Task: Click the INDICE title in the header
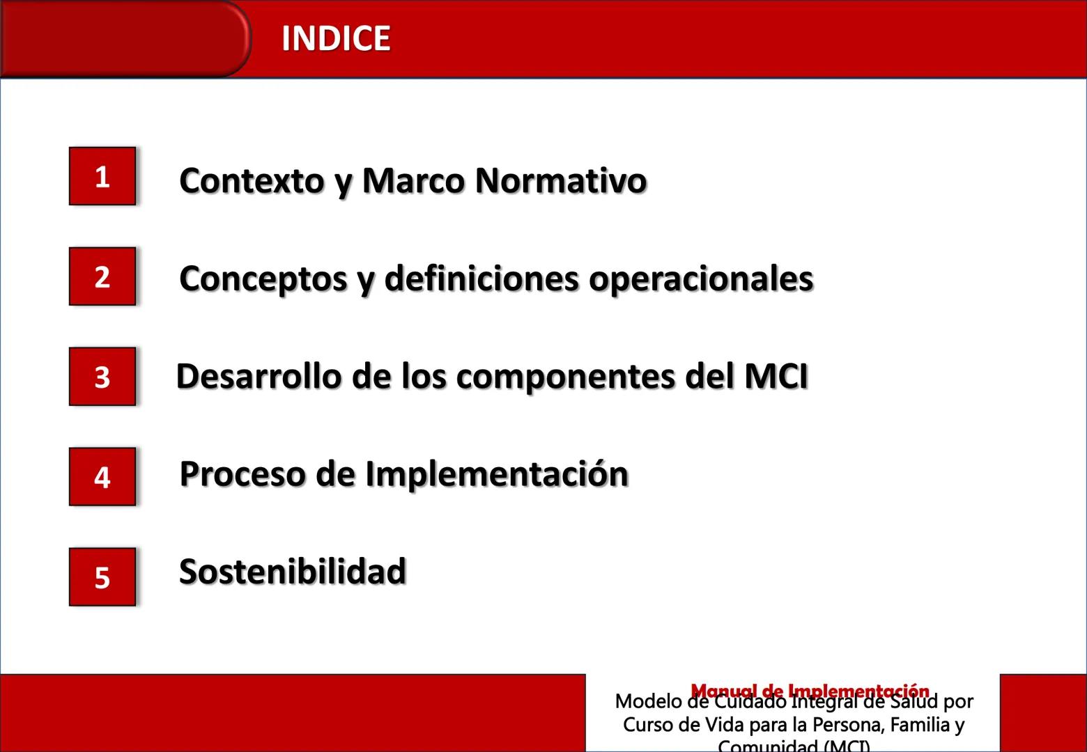coord(335,38)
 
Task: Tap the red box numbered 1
coord(102,176)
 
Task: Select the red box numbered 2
coord(102,276)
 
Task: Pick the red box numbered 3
coord(102,377)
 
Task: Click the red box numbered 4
coord(102,477)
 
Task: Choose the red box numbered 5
coord(102,577)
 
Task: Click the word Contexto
coord(252,180)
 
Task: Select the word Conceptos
coord(263,279)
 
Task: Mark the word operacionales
coord(701,279)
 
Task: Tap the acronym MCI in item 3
coord(776,377)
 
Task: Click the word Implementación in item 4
coord(497,474)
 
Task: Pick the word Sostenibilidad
coord(293,572)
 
